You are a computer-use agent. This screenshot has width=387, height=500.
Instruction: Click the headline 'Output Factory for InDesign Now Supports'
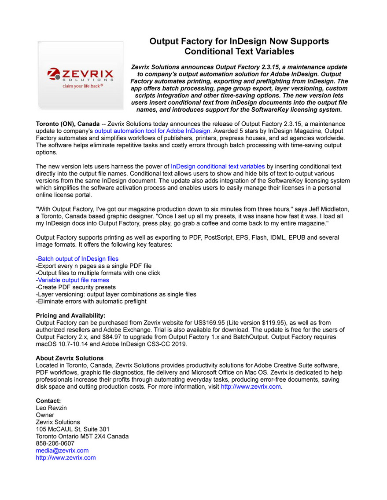pos(239,41)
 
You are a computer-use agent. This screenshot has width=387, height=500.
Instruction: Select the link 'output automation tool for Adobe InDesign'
pos(153,131)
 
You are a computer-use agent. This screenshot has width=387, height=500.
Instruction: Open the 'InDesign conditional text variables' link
pos(217,166)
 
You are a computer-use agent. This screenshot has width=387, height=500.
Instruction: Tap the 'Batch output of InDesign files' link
pos(78,259)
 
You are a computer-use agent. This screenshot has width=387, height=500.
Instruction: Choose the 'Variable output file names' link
pos(73,280)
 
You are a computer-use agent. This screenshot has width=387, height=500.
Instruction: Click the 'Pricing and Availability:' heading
pos(70,315)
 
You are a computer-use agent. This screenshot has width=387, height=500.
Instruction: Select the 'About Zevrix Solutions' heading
pos(70,358)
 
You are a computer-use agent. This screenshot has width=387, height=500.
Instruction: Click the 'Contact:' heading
pos(48,401)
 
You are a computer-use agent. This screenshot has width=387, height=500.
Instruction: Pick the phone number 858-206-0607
pos(55,443)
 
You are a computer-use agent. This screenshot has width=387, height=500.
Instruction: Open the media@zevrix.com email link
pos(62,451)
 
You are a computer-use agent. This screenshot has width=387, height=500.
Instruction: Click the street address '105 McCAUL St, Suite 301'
pos(73,429)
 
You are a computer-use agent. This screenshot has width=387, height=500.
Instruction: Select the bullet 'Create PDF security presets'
pos(76,287)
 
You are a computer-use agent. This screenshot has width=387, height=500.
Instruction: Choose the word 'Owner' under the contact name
pos(45,415)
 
